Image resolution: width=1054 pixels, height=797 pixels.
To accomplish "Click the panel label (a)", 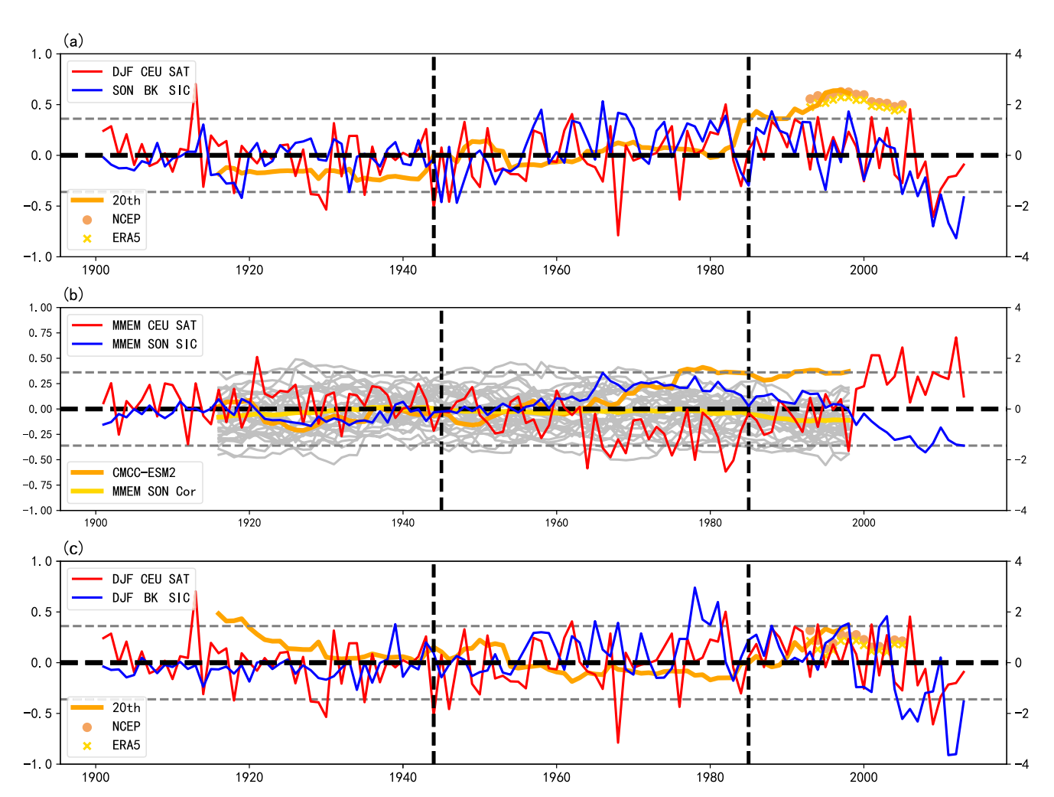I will point(73,41).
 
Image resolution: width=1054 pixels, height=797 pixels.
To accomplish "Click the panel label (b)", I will point(73,295).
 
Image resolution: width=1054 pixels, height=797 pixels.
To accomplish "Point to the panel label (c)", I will point(73,548).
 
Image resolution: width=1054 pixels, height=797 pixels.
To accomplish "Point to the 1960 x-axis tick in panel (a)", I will point(556,269).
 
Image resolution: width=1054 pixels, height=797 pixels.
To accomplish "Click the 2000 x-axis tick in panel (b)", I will point(864,523).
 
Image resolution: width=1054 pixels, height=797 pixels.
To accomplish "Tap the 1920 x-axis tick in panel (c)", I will point(249,777).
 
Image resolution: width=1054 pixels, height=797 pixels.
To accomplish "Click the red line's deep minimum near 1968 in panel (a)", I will point(618,235).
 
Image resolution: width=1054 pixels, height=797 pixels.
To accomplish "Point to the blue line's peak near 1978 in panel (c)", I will point(695,588).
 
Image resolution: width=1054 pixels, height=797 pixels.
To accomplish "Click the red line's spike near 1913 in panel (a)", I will point(196,84).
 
